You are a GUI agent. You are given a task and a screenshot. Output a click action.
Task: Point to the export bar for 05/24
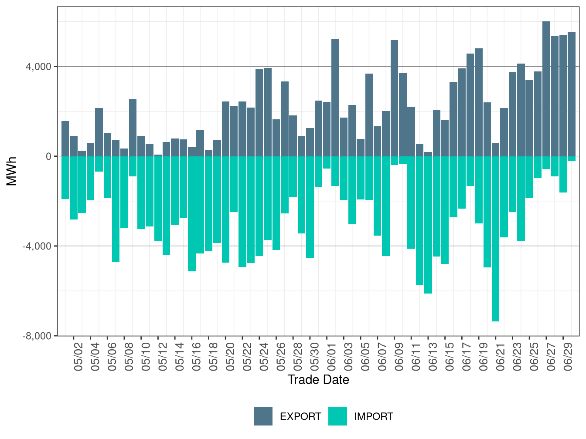[259, 113]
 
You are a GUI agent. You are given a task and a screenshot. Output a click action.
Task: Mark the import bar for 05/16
[192, 213]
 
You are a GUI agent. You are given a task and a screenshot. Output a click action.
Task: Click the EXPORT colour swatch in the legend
[263, 416]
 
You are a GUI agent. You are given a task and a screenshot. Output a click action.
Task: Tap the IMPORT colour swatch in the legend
[337, 416]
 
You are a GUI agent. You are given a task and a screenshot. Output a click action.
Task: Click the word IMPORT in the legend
[373, 417]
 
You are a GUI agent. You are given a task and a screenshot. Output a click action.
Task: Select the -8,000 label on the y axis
[37, 336]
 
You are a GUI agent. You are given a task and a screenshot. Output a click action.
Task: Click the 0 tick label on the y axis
[48, 156]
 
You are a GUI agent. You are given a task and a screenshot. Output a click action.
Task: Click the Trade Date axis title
[318, 380]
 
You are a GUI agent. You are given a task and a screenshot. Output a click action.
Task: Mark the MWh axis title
[12, 171]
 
